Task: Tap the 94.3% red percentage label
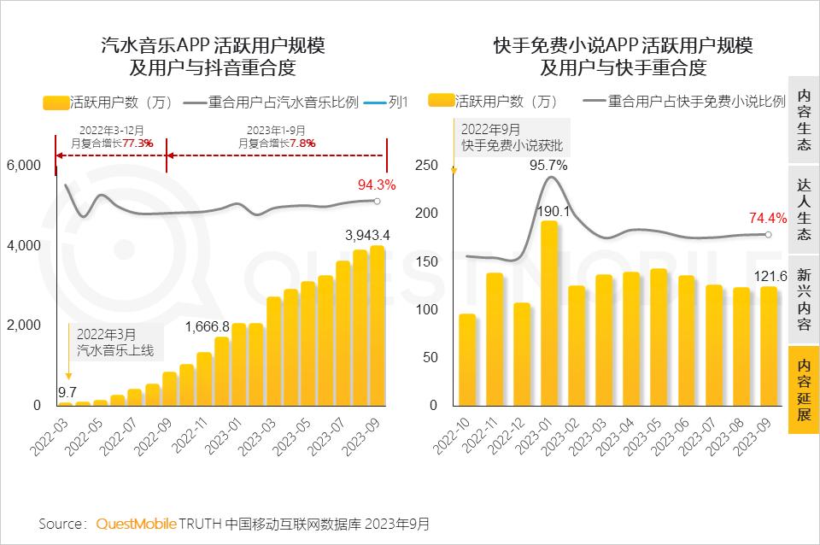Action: tap(376, 185)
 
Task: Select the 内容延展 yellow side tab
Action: tap(804, 390)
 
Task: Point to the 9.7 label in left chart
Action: tap(67, 392)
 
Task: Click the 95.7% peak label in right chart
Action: tap(548, 166)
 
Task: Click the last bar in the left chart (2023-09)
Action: tap(377, 325)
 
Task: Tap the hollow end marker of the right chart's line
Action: tap(768, 234)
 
